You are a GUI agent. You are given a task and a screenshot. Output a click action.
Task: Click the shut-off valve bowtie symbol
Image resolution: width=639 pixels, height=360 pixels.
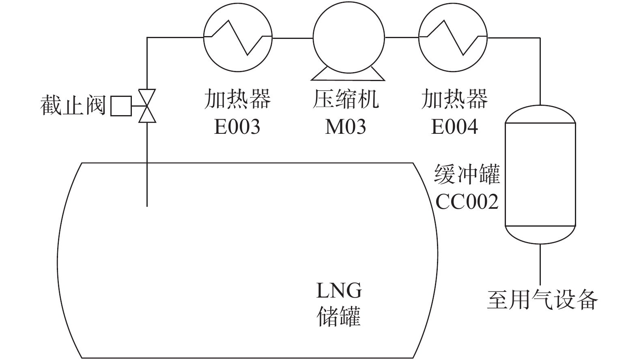click(147, 106)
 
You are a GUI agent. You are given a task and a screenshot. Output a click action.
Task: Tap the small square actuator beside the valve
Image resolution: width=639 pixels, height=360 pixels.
click(121, 106)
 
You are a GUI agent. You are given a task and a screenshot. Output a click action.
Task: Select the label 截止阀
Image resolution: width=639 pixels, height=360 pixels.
click(73, 106)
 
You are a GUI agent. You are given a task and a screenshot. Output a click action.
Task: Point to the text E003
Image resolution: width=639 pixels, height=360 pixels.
click(237, 127)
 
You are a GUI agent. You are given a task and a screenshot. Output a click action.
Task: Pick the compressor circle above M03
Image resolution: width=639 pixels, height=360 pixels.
click(348, 37)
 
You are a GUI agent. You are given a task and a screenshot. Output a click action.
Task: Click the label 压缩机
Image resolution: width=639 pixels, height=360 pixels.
click(346, 100)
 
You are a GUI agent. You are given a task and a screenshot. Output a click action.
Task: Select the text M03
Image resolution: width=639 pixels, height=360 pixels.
click(346, 127)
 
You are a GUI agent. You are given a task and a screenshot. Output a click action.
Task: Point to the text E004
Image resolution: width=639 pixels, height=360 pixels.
click(454, 127)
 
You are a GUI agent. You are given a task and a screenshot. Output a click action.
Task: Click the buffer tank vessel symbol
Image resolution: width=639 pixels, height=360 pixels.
click(540, 174)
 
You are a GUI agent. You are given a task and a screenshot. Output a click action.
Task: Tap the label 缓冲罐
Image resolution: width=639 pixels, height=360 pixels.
click(467, 175)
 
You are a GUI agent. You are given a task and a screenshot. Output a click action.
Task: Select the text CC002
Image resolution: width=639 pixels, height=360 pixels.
click(467, 201)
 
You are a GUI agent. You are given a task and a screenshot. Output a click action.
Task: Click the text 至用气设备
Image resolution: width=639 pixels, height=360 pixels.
click(542, 300)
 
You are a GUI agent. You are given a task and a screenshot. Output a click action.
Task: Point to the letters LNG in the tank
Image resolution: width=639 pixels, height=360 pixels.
click(339, 291)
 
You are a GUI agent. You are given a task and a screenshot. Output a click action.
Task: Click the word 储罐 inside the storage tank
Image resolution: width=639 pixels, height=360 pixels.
click(339, 316)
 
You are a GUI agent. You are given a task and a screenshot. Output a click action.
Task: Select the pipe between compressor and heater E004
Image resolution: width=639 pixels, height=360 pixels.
click(401, 37)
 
